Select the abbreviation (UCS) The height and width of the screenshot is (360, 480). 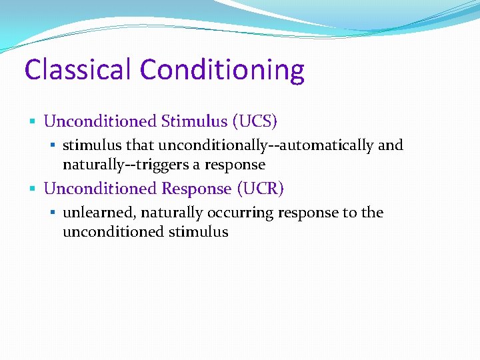(254, 121)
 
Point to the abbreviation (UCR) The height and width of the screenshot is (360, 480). (260, 189)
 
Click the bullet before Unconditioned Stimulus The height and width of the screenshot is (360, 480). (33, 122)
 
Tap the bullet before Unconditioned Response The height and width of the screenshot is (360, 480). (33, 189)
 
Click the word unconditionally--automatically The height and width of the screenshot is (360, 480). (266, 145)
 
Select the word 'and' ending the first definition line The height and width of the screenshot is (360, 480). (391, 145)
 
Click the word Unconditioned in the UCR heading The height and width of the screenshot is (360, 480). (101, 189)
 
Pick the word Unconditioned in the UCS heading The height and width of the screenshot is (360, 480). (101, 121)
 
